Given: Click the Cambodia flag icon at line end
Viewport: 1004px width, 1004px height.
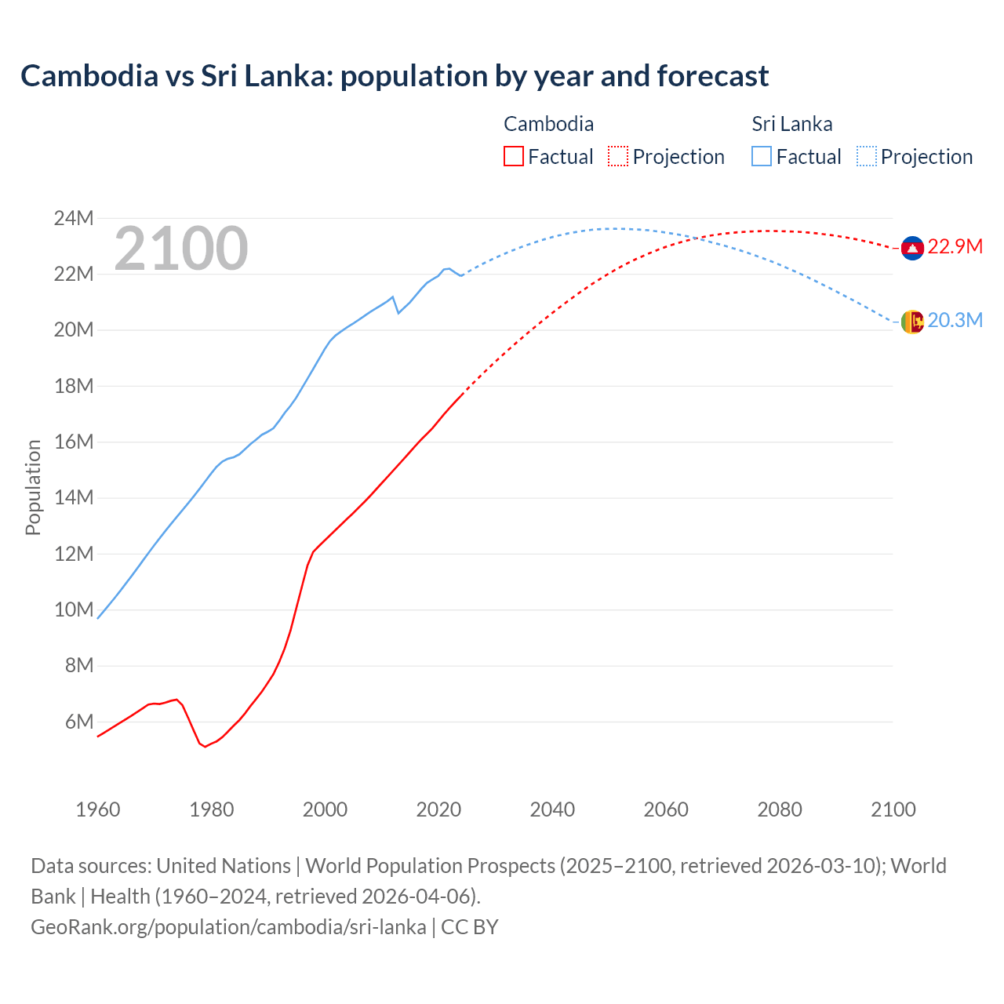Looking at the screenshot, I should click(912, 248).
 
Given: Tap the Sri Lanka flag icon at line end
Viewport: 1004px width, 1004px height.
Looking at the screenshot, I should click(912, 322).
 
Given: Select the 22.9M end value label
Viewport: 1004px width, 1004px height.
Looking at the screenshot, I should click(955, 247).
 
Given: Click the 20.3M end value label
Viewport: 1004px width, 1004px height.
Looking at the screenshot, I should click(955, 321).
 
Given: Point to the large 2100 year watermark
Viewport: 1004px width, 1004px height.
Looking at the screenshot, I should click(181, 249).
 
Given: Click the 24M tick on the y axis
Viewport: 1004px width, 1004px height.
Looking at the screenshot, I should click(74, 219).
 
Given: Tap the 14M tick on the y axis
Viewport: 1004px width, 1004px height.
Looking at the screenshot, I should click(74, 498).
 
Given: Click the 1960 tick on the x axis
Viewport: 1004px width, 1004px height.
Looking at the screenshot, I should click(98, 809).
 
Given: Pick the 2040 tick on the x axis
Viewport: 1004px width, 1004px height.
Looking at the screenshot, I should click(552, 809).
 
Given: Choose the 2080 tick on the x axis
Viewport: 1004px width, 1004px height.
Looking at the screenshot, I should click(780, 809).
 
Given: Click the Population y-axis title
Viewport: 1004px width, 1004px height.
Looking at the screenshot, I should click(33, 487).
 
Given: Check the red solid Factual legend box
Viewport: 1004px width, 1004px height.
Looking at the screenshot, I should click(514, 157).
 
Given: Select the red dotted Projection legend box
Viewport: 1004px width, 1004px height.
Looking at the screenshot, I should click(618, 157).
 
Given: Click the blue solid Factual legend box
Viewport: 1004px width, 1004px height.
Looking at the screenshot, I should click(762, 157).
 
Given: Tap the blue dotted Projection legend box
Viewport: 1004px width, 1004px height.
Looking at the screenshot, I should click(867, 157).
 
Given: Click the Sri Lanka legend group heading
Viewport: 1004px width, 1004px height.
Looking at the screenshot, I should click(792, 124).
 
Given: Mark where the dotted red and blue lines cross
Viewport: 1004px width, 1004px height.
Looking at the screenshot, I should click(697, 238).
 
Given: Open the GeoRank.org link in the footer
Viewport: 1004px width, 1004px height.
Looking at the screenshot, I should click(228, 927).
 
